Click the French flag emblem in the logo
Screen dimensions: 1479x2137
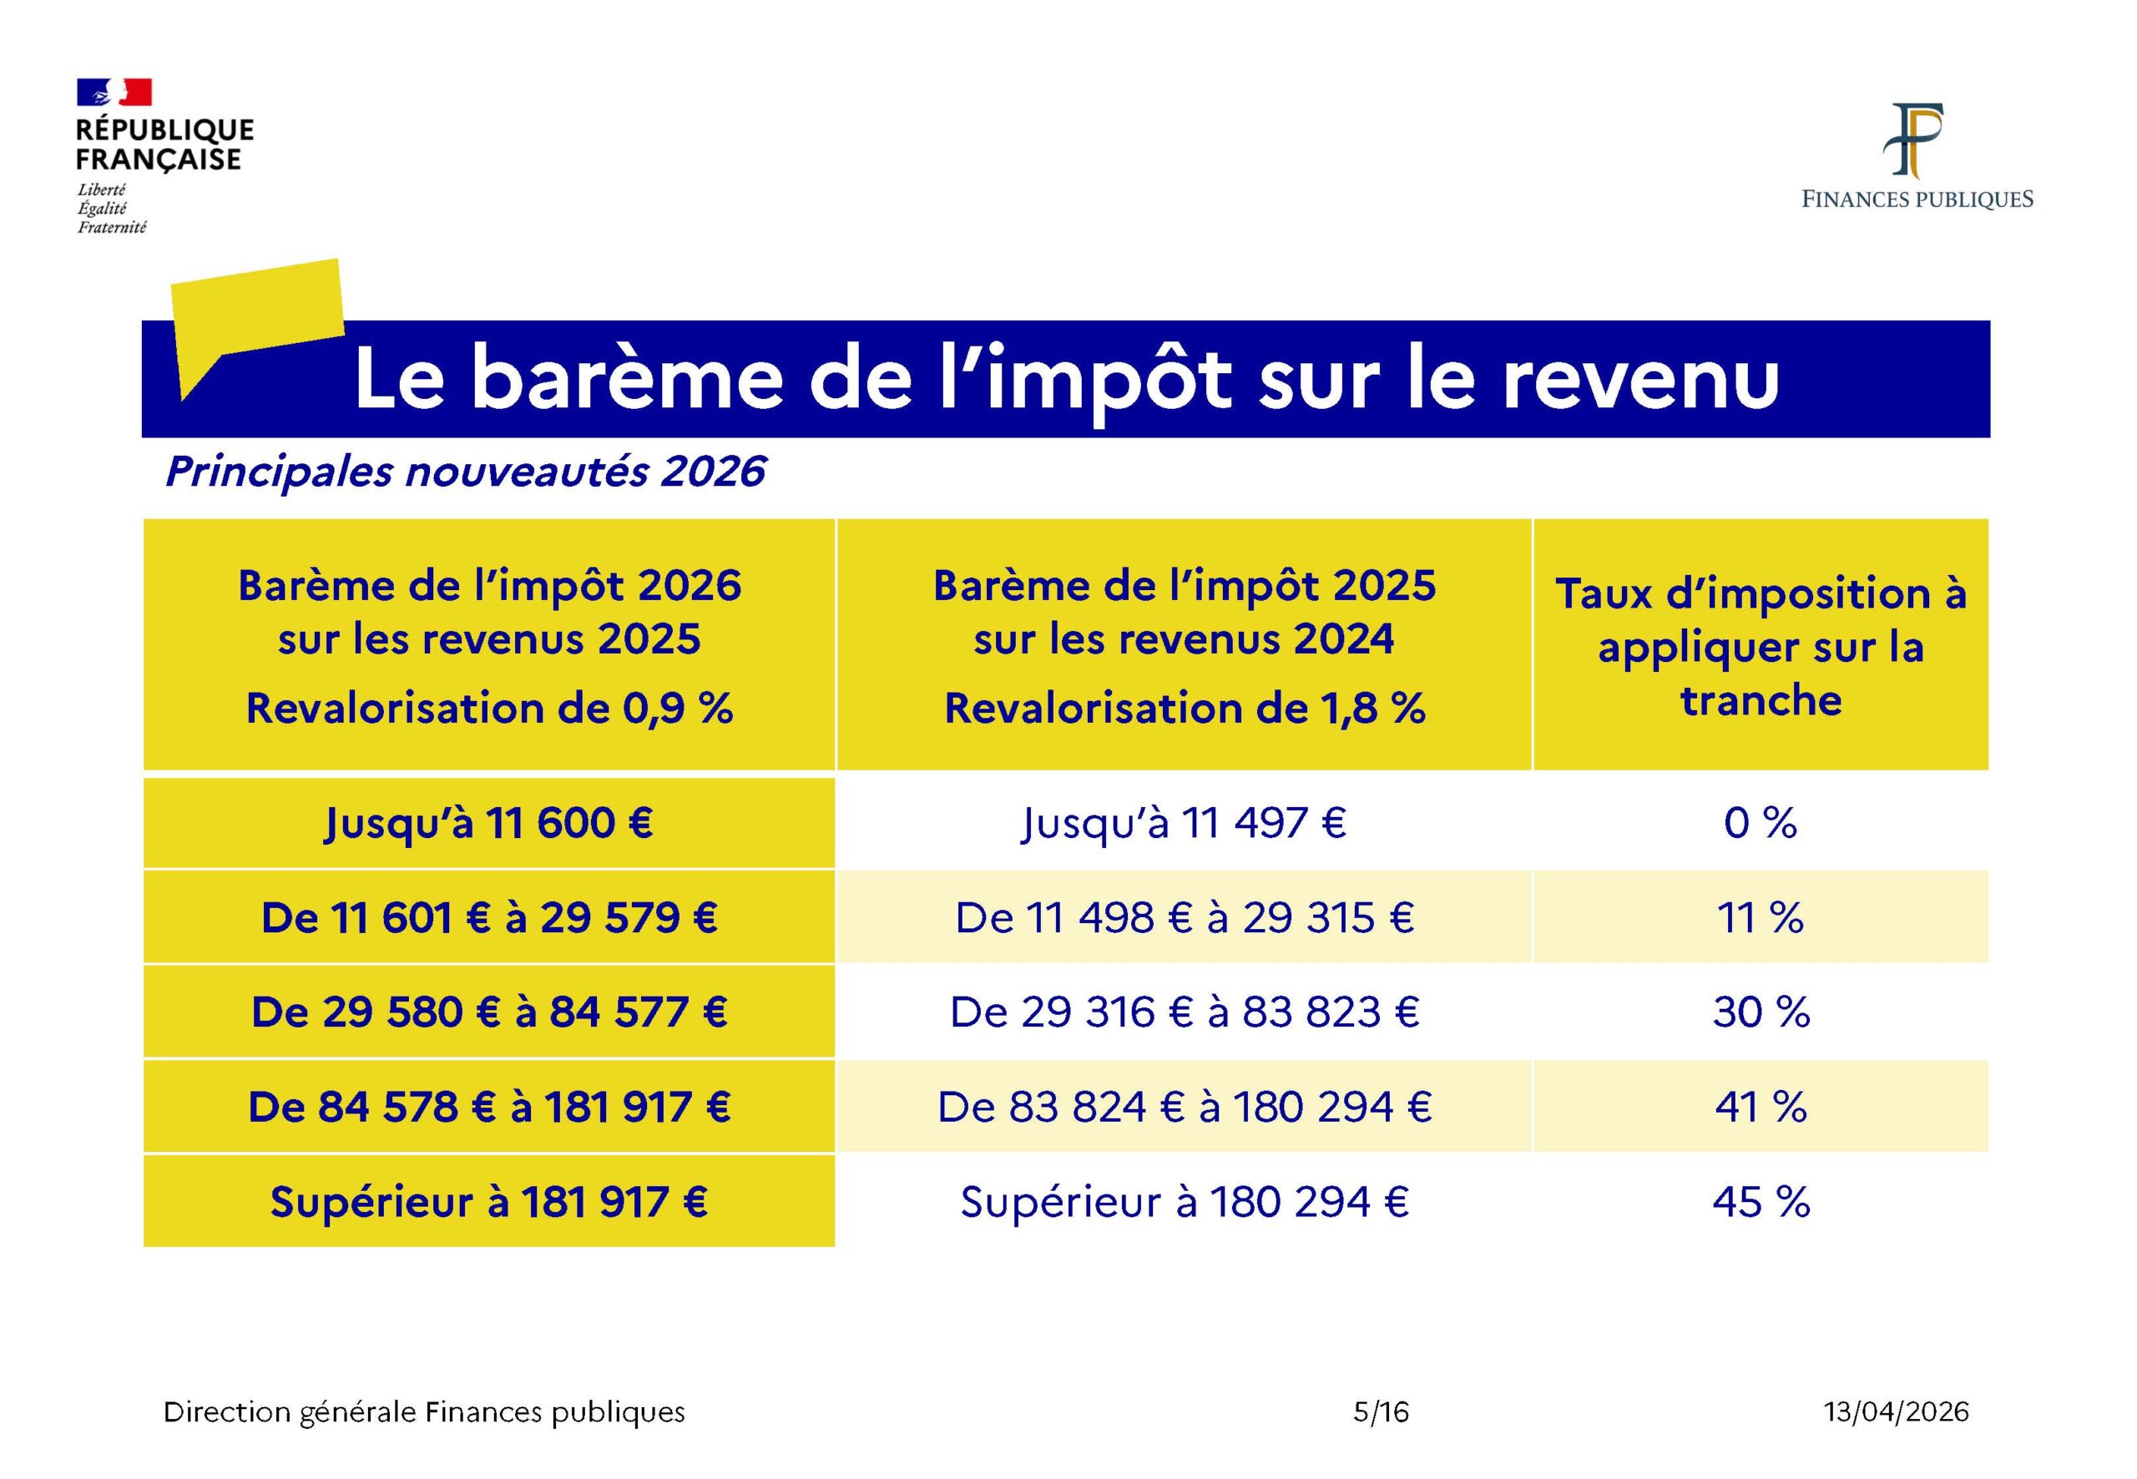[x=114, y=92]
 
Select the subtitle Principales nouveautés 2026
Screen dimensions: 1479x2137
[x=465, y=472]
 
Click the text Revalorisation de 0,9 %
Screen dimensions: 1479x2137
[x=489, y=709]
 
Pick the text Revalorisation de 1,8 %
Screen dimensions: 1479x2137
[x=1185, y=709]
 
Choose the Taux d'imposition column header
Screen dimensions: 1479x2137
[x=1761, y=646]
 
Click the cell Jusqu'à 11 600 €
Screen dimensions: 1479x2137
[x=489, y=823]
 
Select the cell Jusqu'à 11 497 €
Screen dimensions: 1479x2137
[x=1185, y=823]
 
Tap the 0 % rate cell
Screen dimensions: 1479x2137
[x=1761, y=823]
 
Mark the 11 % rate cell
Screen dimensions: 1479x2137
[x=1761, y=917]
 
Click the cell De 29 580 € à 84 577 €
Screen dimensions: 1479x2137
[x=489, y=1012]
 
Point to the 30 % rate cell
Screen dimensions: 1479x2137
[x=1761, y=1012]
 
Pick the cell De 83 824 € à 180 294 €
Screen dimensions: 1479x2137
[x=1185, y=1108]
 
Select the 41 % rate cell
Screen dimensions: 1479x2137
[x=1761, y=1108]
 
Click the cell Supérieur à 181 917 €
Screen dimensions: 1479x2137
[x=489, y=1202]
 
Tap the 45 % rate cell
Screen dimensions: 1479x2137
[x=1761, y=1202]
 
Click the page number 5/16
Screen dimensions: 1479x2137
[x=1381, y=1412]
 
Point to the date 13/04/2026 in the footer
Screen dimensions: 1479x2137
[x=1896, y=1412]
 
